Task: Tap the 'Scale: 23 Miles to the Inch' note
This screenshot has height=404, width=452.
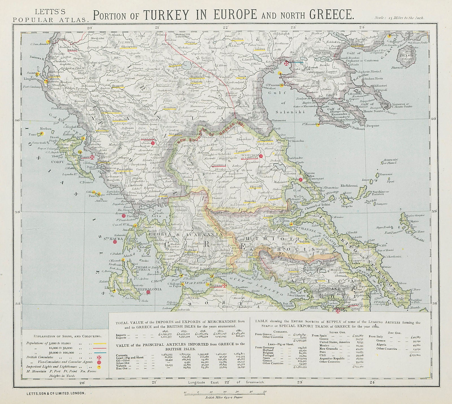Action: point(399,17)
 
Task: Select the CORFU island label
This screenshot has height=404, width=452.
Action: point(58,162)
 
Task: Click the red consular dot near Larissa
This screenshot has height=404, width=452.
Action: point(261,156)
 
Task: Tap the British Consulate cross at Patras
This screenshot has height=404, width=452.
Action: point(225,286)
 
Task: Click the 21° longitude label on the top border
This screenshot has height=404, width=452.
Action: point(157,27)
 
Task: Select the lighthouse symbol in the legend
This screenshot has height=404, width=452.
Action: point(99,367)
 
